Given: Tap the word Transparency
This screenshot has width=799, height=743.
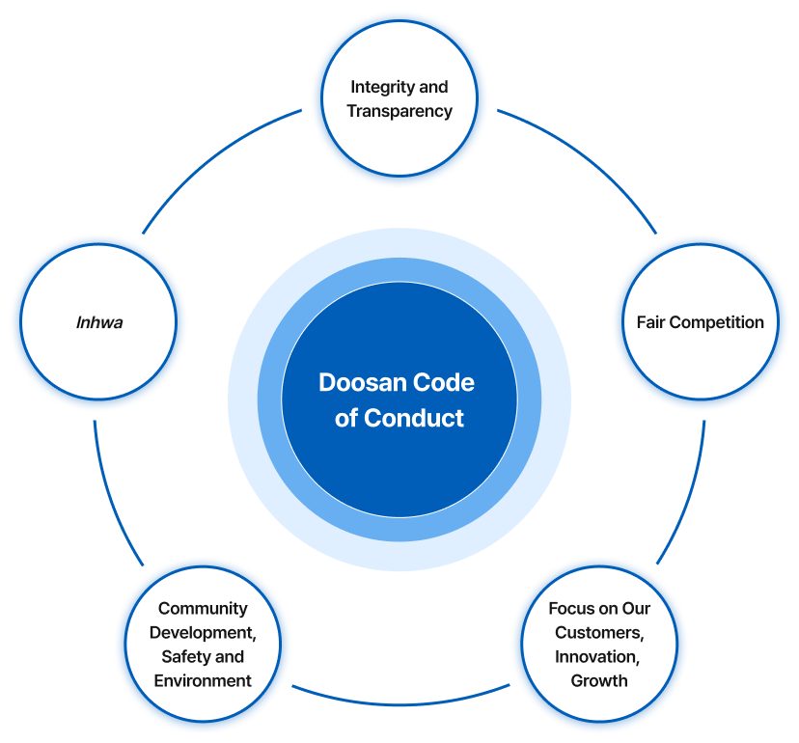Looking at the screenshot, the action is [x=399, y=112].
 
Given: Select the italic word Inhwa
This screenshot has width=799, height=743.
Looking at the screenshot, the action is [x=99, y=322].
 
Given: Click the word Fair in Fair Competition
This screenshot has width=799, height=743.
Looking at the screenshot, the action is [x=650, y=322].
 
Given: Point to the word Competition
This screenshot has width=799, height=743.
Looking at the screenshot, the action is [x=716, y=322].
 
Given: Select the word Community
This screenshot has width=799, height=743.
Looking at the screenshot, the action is [x=203, y=609].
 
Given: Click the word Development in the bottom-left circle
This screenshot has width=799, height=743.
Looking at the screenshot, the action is [x=203, y=633].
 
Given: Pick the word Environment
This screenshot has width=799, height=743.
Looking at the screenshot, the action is [x=203, y=681].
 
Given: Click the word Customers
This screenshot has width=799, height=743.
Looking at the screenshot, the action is [x=599, y=633].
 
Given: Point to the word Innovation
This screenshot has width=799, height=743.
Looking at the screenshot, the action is [x=597, y=657].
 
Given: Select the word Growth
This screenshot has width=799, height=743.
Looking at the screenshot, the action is [x=599, y=681].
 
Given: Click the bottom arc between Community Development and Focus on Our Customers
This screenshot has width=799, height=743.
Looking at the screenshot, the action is [x=400, y=704].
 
